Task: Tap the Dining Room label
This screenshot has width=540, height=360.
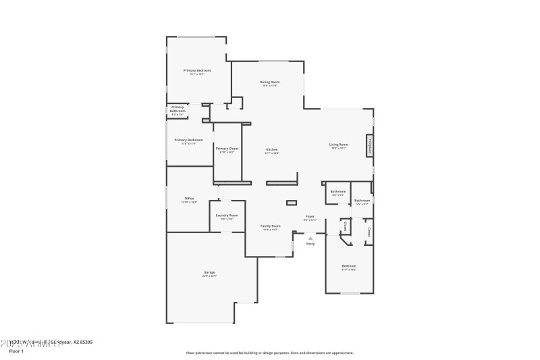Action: tap(270, 82)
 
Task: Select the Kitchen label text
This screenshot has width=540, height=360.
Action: tap(272, 149)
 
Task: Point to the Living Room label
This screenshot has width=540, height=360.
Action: tap(338, 145)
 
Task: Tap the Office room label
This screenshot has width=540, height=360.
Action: tap(189, 199)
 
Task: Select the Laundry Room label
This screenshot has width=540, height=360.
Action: tap(227, 215)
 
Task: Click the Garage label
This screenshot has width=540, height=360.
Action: tap(210, 272)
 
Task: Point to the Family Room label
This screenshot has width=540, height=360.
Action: tap(271, 226)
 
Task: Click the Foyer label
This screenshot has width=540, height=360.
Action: tap(310, 217)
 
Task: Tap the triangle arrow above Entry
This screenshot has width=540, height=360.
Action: tap(310, 238)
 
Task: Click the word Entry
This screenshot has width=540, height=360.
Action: tap(310, 244)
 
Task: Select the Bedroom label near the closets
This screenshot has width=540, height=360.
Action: tap(349, 266)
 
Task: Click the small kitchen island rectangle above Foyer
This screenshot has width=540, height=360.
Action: tap(292, 202)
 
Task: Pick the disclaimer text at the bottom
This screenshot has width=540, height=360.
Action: tap(269, 353)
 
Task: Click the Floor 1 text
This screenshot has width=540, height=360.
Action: tap(16, 351)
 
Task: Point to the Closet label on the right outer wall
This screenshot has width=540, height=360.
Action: tap(369, 232)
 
